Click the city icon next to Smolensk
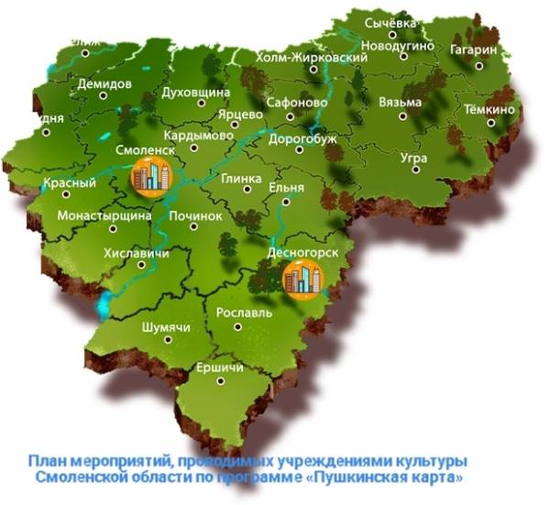pyautogui.click(x=150, y=174)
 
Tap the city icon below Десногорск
pyautogui.click(x=302, y=279)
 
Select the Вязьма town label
pyautogui.click(x=400, y=101)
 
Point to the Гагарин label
pyautogui.click(x=473, y=49)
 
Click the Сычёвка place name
pyautogui.click(x=390, y=22)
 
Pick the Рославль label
pyautogui.click(x=244, y=313)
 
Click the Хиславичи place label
pyautogui.click(x=139, y=250)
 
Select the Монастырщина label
pyautogui.click(x=104, y=215)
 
